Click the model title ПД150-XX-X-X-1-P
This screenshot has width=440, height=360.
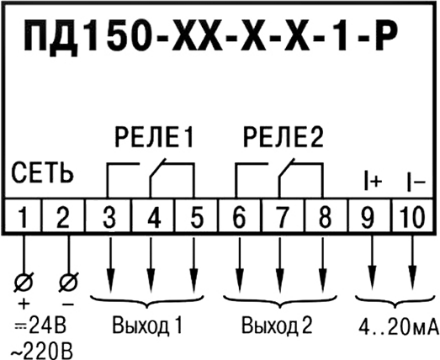coord(210,36)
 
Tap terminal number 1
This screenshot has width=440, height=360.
coord(24,217)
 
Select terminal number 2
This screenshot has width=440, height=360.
coord(63,217)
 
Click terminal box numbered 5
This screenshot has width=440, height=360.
coord(197,215)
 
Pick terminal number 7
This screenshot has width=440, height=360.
coord(283,217)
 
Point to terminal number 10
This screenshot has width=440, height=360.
coord(412,217)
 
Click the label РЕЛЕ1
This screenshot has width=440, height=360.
coord(154,138)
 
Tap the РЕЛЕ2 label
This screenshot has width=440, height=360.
coord(284,138)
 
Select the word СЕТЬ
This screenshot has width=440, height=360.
coord(42,172)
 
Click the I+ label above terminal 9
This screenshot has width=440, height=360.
coord(373,182)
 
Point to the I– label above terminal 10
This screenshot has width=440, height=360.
coord(416,182)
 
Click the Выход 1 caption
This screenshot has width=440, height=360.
coord(147,326)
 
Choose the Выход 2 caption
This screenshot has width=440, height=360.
coord(278,326)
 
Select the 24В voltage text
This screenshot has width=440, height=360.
coord(47,326)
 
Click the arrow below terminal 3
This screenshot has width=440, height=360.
coord(110,265)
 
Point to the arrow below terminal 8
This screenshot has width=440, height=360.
coord(323,265)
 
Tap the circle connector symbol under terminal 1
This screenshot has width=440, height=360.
coord(24,282)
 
